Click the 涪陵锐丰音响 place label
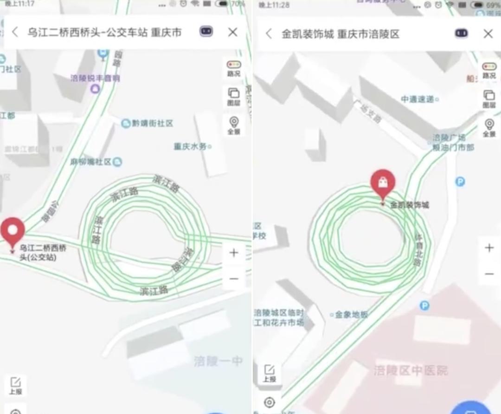(95, 78)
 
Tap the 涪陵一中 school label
(218, 361)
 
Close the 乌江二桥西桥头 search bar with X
(232, 32)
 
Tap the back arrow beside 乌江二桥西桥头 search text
(15, 32)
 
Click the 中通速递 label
(418, 99)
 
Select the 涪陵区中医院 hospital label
(411, 370)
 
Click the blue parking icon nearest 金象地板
(424, 305)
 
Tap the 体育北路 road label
(419, 251)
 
